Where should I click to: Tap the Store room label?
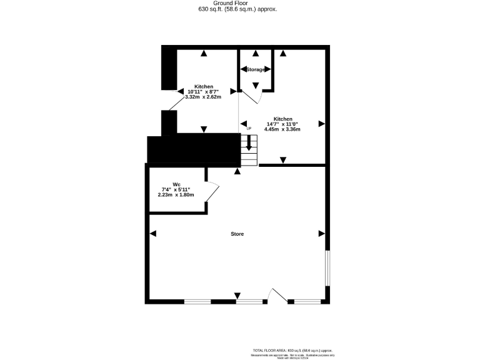coord(237,234)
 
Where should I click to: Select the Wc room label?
coord(176,184)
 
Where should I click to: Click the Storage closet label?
coord(255,69)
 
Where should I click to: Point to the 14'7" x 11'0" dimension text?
coord(283,124)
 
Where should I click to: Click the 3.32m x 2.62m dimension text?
coord(204,97)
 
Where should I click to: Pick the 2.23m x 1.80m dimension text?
coord(176,194)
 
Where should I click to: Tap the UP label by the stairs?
coord(249,129)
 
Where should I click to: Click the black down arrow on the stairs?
coord(249,142)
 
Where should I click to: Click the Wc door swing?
coord(212,191)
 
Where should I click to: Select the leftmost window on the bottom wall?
coord(197,302)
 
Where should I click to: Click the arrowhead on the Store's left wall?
coord(153,234)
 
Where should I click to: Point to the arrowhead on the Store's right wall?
coord(322,234)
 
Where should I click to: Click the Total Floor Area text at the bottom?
coord(292,350)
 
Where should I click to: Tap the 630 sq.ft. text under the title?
coord(237,10)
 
